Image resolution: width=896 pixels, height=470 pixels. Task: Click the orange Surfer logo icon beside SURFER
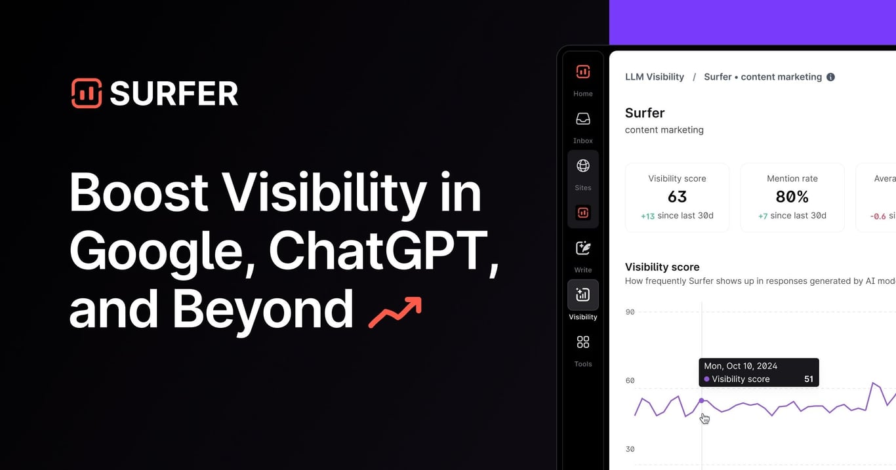click(x=87, y=93)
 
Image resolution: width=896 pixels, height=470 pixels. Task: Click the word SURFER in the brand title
click(x=174, y=94)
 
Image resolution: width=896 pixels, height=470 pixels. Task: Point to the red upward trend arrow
click(x=395, y=312)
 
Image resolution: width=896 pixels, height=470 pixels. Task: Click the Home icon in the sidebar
click(x=582, y=72)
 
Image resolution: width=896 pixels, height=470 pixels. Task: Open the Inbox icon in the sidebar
click(x=582, y=119)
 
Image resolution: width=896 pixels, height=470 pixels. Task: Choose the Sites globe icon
click(x=582, y=166)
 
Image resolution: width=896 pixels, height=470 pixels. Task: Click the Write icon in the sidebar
click(x=582, y=248)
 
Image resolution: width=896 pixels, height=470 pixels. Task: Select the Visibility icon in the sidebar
click(x=582, y=295)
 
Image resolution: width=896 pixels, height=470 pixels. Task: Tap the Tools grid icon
click(x=582, y=342)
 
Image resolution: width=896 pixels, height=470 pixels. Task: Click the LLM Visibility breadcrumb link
click(x=654, y=77)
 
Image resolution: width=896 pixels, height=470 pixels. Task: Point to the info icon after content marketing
click(x=830, y=77)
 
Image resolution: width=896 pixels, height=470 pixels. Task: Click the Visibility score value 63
click(x=677, y=197)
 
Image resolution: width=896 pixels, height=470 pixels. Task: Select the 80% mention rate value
click(x=792, y=197)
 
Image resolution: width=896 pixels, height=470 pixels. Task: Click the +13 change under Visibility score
click(x=647, y=216)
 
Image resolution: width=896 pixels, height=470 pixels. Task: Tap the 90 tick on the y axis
click(x=630, y=312)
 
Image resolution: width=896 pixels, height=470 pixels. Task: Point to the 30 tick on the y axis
click(x=630, y=449)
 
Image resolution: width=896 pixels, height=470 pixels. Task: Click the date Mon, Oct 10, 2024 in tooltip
click(x=740, y=366)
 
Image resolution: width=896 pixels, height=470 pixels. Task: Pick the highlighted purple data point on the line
click(x=702, y=401)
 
